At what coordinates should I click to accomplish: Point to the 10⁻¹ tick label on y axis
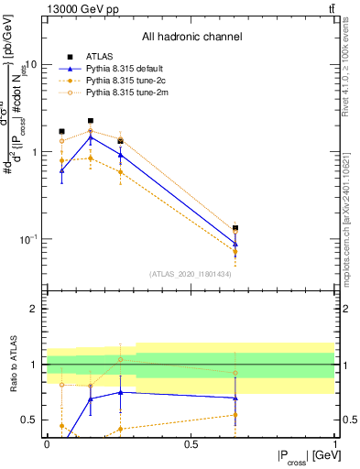tap(29, 239)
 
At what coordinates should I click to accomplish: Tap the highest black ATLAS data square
tap(91, 121)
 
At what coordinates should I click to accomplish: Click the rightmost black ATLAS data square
tap(235, 228)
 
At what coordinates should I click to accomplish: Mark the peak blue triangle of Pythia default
tap(91, 136)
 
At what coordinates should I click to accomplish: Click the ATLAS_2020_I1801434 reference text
tap(191, 274)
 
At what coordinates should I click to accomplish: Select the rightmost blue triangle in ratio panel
tap(235, 398)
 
